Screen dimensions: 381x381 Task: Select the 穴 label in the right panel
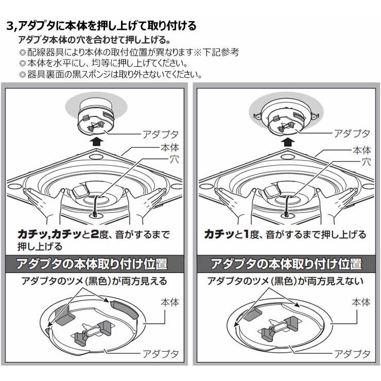[x=367, y=162]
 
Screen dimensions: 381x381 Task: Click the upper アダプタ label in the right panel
[x=352, y=134]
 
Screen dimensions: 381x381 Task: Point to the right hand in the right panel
[x=340, y=198]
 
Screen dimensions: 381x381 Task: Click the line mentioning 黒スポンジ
[x=109, y=74]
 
